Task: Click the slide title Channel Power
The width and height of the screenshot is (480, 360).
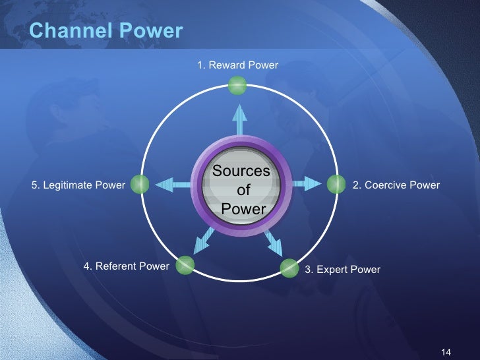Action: (106, 30)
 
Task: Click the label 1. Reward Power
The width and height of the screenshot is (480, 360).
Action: (237, 65)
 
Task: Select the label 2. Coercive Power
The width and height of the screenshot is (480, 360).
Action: (396, 185)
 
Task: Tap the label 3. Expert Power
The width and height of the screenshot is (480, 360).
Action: (342, 269)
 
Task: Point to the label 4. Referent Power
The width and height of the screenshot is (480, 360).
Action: (126, 266)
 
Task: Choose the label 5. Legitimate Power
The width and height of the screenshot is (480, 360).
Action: (78, 185)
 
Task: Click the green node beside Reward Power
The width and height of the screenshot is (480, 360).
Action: (237, 85)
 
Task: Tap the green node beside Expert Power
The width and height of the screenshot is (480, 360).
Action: (289, 268)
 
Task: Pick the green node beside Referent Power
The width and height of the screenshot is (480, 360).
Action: (186, 265)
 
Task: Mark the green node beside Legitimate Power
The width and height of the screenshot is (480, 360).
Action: (139, 185)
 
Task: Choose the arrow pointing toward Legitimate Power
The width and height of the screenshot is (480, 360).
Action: (173, 185)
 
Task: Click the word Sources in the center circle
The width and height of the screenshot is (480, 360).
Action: (241, 171)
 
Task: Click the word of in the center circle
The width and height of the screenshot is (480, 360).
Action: (243, 191)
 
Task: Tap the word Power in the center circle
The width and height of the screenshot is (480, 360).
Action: (243, 210)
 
